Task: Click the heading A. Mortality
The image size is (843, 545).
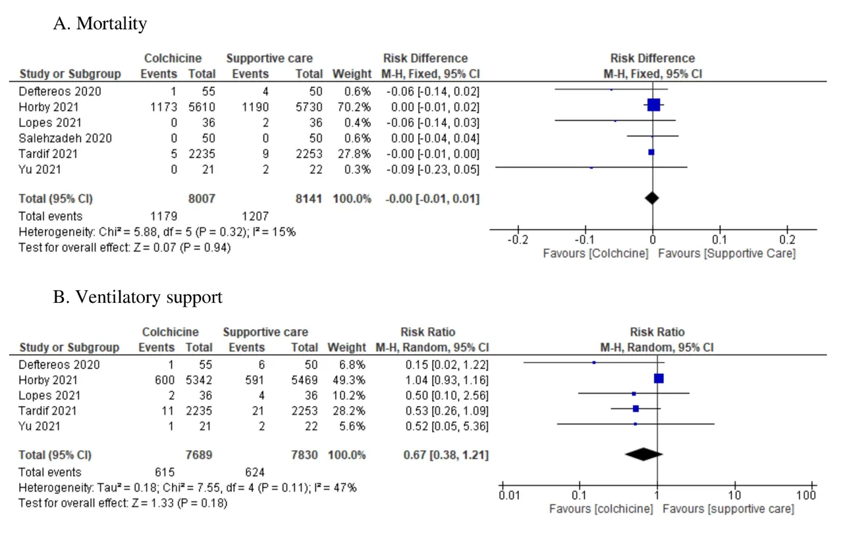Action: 99,24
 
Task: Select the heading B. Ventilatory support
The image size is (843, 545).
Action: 137,298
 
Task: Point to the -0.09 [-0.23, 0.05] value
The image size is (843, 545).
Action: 431,169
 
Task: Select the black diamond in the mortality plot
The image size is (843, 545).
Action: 652,198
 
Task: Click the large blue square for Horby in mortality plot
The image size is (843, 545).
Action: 653,105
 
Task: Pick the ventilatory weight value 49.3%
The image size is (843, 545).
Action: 350,380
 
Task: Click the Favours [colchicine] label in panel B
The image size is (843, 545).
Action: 601,509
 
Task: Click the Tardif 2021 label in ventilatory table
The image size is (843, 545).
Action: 48,411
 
